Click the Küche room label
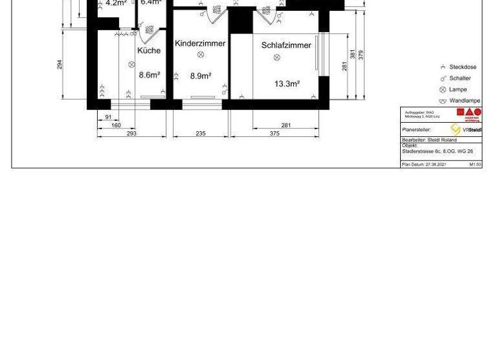click(149, 50)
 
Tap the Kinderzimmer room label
click(200, 44)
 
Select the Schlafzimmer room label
click(286, 45)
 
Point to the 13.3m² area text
click(287, 84)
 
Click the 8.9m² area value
click(201, 75)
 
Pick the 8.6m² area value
click(149, 75)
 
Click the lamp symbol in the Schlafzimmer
click(277, 57)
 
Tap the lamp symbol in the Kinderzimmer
click(200, 55)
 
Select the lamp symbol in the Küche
click(131, 64)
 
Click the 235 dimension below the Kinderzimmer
click(200, 134)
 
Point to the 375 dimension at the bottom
click(275, 134)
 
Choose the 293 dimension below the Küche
click(131, 134)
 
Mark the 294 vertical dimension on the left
click(60, 64)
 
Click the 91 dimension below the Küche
click(108, 117)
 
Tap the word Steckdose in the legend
click(462, 67)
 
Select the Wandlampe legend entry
click(464, 101)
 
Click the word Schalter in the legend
click(460, 78)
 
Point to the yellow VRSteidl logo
click(455, 130)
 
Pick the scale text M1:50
click(475, 165)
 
